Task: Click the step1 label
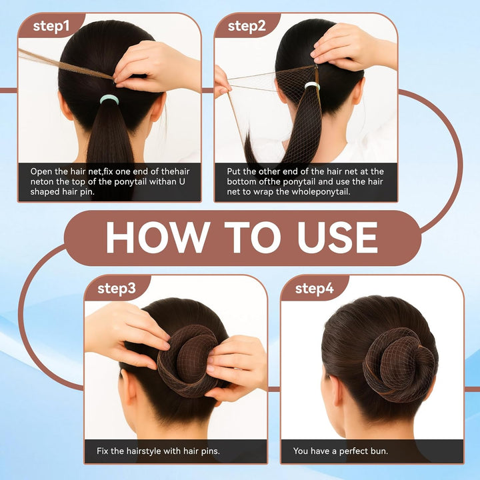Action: pos(51,26)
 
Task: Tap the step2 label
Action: pos(247,26)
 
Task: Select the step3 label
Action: pos(117,288)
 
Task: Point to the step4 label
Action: pos(313,288)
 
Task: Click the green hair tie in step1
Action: pos(109,99)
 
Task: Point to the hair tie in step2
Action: pos(311,86)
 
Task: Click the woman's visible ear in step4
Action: pos(331,381)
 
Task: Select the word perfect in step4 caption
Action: pos(350,451)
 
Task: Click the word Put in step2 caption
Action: pos(235,172)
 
